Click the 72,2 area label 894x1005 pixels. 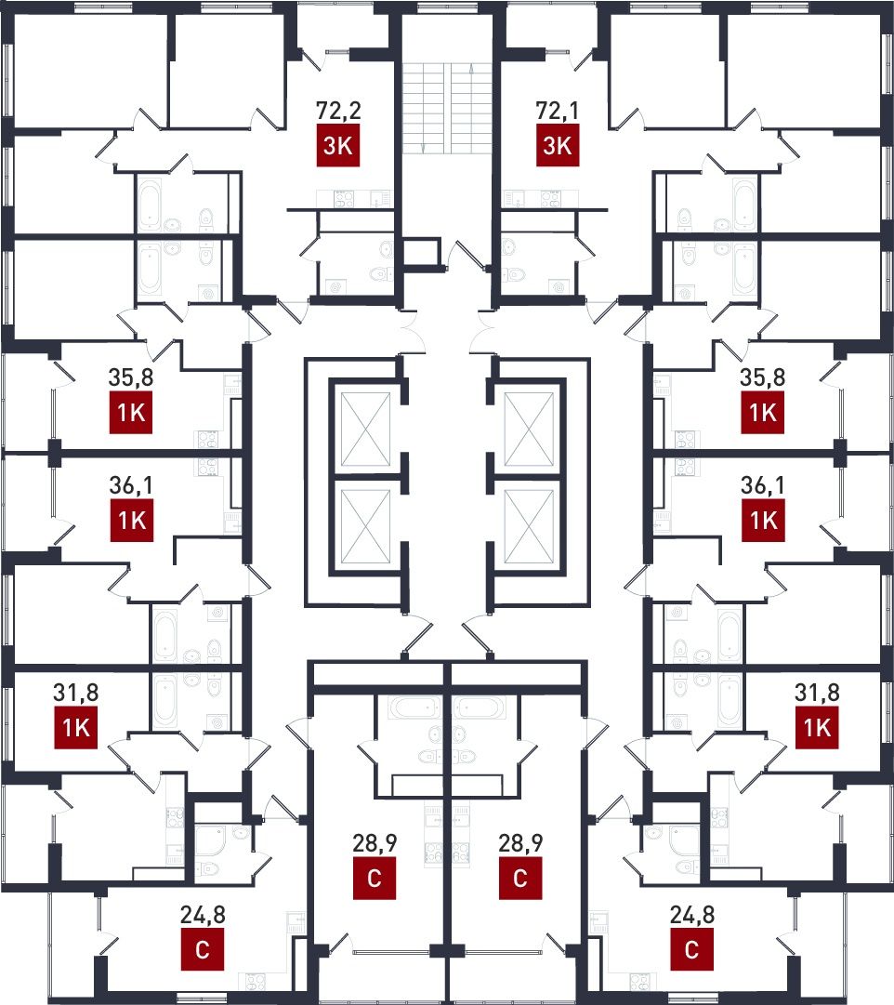coord(338,111)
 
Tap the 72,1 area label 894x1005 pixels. coord(557,111)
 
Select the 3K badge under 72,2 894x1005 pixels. coord(337,145)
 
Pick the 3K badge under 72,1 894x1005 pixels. coord(557,145)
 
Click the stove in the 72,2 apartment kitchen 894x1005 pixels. coord(344,199)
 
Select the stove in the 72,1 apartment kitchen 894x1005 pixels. coord(551,199)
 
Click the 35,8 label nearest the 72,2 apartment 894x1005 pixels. coord(131,377)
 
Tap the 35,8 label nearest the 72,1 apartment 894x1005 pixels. coord(763,377)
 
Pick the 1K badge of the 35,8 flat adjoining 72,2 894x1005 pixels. coord(131,413)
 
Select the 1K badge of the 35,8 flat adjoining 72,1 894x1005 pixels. coord(763,413)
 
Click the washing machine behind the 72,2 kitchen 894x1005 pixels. coord(335,287)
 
